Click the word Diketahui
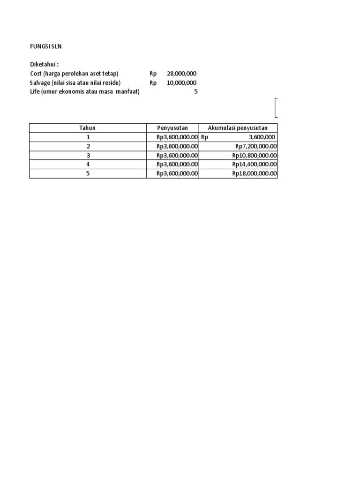45,64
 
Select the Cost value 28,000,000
181,74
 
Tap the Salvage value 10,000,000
181,83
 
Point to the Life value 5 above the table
196,92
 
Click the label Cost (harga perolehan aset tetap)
75,74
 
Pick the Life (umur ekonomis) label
85,92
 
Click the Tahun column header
88,128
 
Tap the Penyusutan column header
172,128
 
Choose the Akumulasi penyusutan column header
238,128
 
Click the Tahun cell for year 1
88,137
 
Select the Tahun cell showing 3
88,155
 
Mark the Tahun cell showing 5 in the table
88,173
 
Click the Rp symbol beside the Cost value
153,74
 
